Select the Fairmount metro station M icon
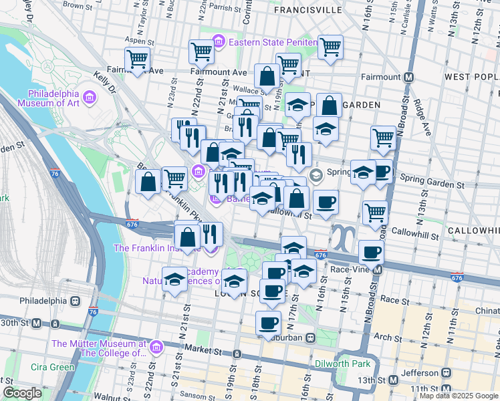pos(407,78)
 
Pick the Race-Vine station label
pos(350,270)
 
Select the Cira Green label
pos(53,367)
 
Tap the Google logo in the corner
pos(23,393)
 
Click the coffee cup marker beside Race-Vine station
pos(371,253)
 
